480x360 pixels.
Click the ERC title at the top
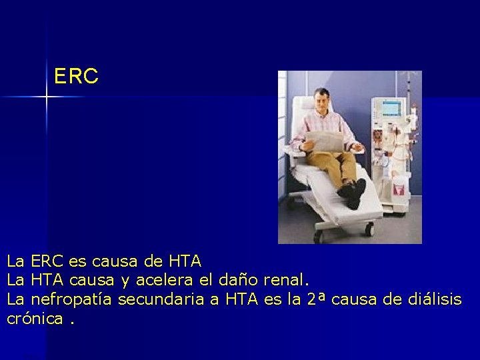click(x=76, y=77)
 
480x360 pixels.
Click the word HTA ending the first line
click(x=185, y=260)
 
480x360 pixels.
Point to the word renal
click(x=287, y=280)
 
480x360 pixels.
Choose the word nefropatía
click(x=72, y=300)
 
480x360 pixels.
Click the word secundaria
click(x=161, y=300)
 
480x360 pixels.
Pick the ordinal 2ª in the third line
click(x=316, y=300)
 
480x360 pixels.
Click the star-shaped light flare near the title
click(x=47, y=97)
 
